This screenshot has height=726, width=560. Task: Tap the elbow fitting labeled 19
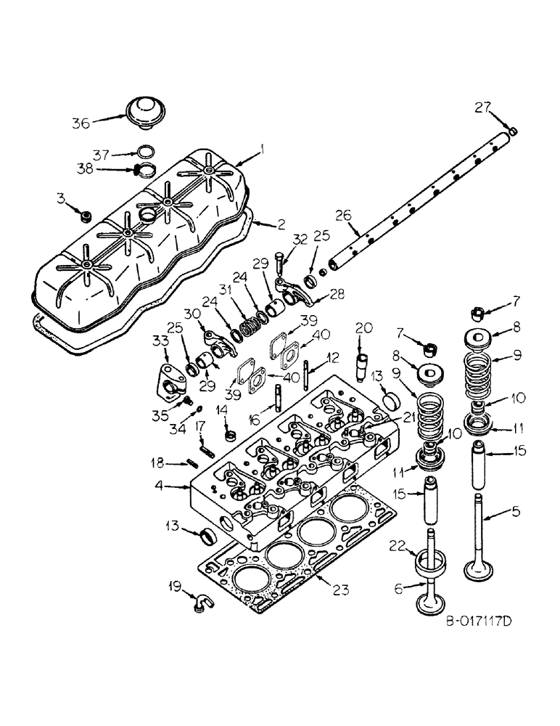click(199, 600)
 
